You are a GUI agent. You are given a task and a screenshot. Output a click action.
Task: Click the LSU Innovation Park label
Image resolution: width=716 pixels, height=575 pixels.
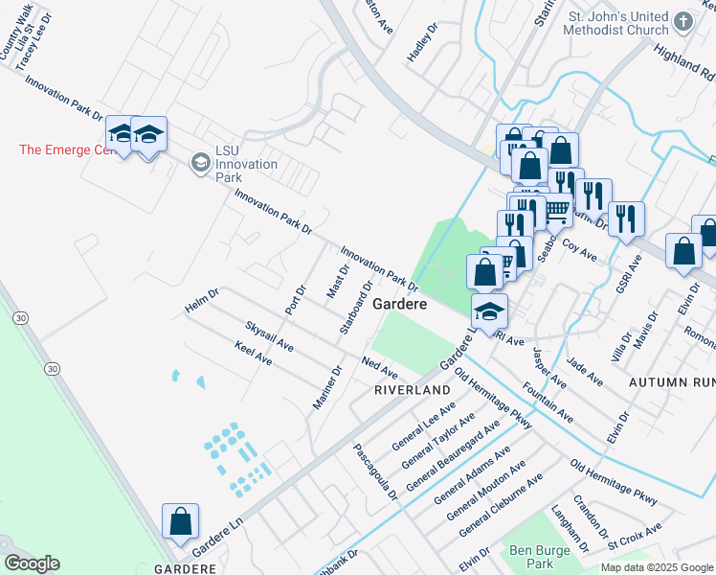(246, 164)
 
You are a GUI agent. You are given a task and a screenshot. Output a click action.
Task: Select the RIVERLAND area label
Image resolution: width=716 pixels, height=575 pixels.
(412, 391)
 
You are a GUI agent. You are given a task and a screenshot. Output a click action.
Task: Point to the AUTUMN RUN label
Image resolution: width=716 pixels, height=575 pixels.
(671, 381)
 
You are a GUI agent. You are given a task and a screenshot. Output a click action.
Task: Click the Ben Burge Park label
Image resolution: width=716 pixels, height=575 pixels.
(531, 557)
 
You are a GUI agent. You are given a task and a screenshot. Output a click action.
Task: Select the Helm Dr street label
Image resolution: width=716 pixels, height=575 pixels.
(202, 301)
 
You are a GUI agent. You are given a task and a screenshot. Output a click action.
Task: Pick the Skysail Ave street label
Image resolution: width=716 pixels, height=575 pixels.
(269, 336)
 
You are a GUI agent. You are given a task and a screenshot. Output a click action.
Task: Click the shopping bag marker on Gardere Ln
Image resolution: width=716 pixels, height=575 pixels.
(180, 521)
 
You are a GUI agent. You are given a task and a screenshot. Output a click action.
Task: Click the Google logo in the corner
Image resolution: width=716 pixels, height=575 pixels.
(32, 563)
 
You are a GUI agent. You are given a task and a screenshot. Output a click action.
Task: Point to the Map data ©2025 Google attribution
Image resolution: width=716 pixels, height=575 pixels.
(658, 567)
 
